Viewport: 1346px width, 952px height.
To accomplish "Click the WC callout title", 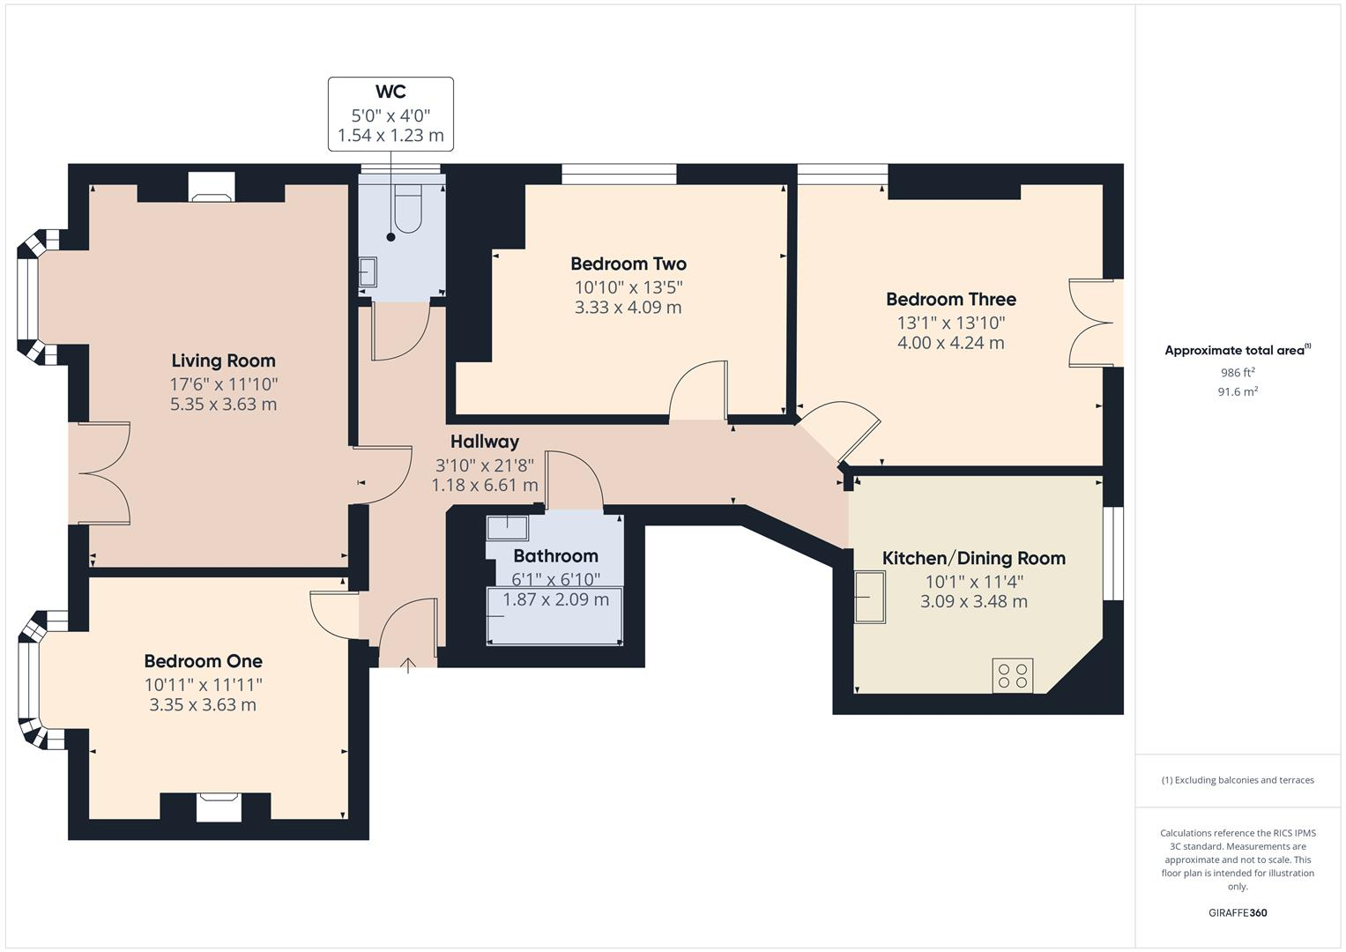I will [390, 92].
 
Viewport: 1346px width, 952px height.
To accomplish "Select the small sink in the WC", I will [368, 272].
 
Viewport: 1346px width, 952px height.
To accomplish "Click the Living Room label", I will [223, 361].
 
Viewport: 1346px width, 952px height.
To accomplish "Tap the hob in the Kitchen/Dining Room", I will [1012, 676].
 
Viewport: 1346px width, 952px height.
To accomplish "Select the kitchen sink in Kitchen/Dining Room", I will [870, 597].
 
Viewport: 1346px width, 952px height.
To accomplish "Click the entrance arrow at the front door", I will [408, 666].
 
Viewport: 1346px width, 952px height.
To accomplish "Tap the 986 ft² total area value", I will [1237, 373].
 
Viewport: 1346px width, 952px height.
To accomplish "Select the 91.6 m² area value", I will [1237, 392].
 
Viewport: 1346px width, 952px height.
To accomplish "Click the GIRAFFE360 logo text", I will [1237, 912].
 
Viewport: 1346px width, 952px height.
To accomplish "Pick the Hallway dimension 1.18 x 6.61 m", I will [484, 486].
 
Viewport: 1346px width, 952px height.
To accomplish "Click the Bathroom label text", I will [555, 556].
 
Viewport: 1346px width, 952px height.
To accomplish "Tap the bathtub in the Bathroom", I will [554, 615].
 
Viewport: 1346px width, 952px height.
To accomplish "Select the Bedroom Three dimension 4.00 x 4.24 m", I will [950, 343].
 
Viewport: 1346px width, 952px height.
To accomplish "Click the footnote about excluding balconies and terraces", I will [1238, 780].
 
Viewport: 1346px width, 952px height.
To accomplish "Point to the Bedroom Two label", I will [628, 264].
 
